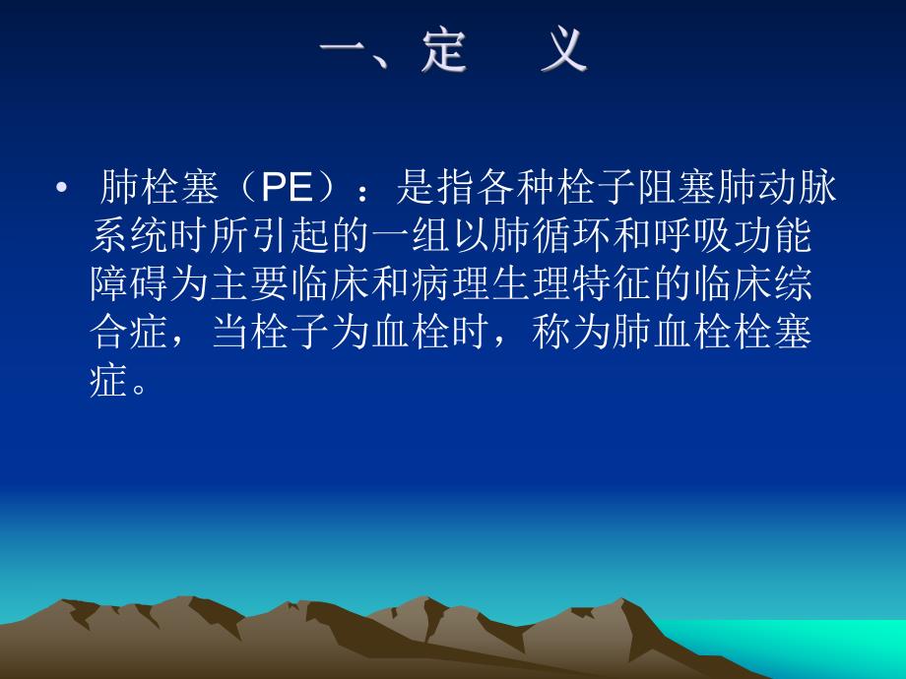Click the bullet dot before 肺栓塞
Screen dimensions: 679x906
[63, 188]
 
